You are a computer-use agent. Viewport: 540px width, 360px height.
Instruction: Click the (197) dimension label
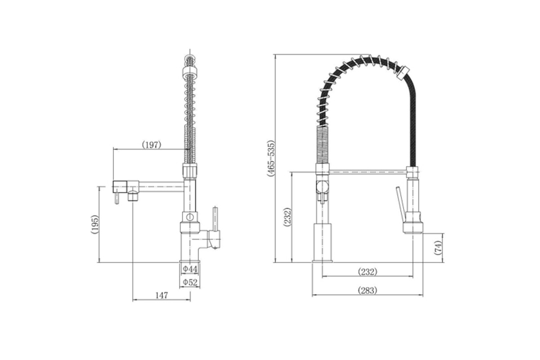click(151, 145)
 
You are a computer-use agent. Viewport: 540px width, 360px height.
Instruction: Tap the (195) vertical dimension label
click(95, 224)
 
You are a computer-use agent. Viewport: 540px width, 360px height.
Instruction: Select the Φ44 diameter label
click(190, 269)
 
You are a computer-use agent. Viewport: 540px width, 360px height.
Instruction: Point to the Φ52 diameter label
click(190, 282)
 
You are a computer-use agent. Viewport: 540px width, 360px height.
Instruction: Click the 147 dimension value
click(162, 295)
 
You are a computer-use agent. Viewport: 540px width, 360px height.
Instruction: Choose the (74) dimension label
click(438, 247)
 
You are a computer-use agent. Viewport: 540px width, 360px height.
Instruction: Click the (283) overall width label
click(367, 290)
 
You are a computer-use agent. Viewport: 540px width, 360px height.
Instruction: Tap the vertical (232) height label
click(288, 217)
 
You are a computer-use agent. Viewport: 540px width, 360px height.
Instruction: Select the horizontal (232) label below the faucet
click(367, 272)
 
